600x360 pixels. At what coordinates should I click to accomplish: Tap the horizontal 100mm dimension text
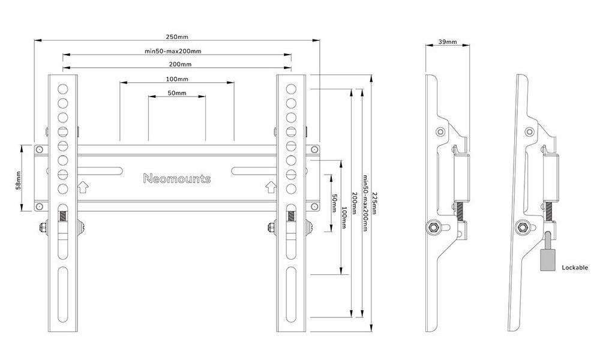click(177, 79)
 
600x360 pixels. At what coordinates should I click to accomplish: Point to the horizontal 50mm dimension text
click(177, 94)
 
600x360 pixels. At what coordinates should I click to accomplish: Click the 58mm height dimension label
click(19, 178)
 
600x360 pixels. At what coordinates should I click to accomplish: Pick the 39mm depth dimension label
click(448, 42)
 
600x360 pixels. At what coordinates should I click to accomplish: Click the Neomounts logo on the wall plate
click(177, 178)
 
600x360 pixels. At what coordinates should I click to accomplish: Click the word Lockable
click(575, 268)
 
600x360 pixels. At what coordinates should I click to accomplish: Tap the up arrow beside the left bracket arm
click(83, 188)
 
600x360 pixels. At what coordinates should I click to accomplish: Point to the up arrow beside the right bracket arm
click(271, 188)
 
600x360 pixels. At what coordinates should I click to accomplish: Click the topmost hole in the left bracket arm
click(63, 89)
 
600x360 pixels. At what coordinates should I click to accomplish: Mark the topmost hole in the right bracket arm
click(291, 89)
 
